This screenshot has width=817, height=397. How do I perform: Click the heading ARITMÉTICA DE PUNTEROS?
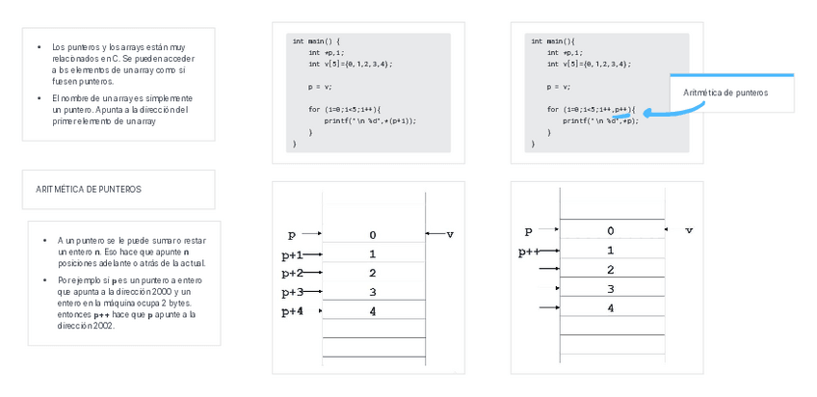click(x=88, y=190)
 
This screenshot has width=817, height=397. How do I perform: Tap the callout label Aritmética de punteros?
click(x=725, y=93)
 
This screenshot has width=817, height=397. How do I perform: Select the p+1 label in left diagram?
click(x=292, y=255)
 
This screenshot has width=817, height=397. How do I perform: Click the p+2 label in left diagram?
click(x=292, y=274)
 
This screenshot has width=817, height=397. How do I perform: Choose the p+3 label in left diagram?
click(x=292, y=292)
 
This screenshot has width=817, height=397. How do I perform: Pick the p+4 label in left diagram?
click(x=292, y=311)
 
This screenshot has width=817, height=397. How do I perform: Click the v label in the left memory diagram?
click(x=449, y=234)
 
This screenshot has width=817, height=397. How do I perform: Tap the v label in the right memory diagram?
click(x=688, y=231)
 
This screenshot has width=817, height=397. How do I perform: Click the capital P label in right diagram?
click(x=528, y=232)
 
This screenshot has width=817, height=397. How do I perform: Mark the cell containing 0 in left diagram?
click(x=373, y=235)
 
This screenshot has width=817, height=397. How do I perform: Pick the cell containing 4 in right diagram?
click(x=610, y=308)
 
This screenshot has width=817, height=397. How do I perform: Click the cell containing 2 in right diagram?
click(x=610, y=270)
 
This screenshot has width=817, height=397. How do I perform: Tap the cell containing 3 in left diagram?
click(x=373, y=292)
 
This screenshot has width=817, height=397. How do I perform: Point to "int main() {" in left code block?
click(x=317, y=41)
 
